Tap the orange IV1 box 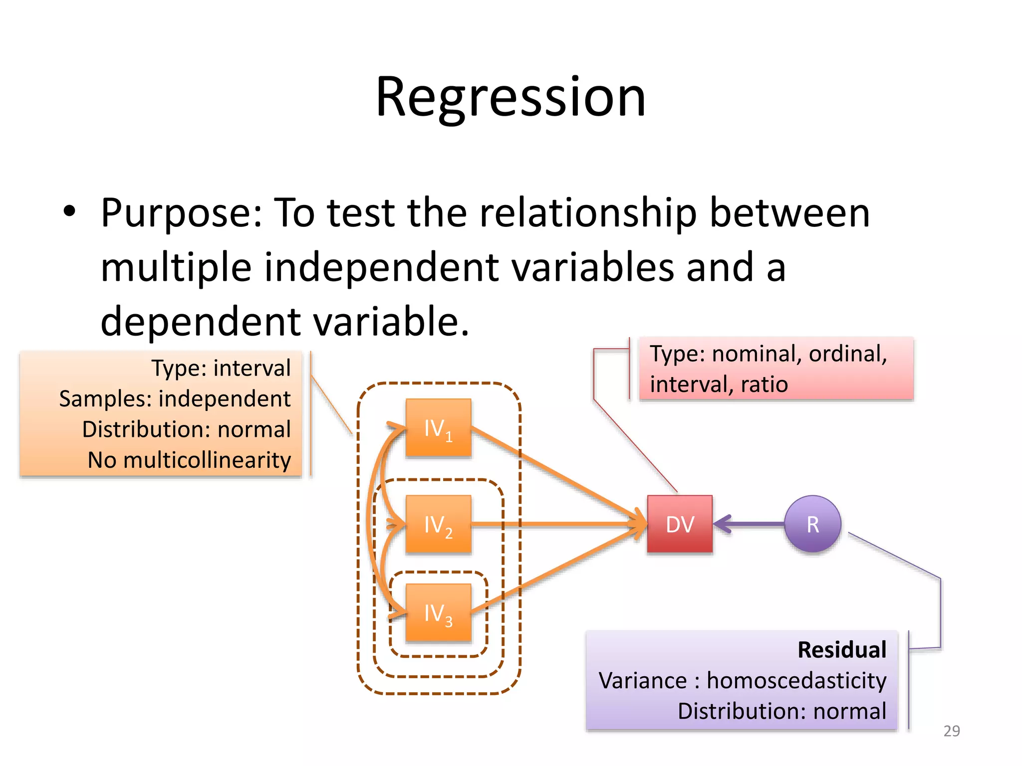tap(438, 428)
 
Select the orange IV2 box tap(438, 524)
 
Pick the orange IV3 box tap(438, 612)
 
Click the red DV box tap(680, 524)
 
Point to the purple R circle tap(812, 524)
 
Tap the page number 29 tap(951, 731)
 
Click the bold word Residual tap(842, 650)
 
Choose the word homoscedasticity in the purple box tap(796, 681)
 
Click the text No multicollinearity tap(189, 460)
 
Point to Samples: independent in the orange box tap(175, 399)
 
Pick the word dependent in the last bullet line tap(200, 322)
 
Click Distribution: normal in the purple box tap(781, 711)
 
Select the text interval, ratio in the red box tap(719, 384)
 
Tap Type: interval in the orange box tap(221, 369)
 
